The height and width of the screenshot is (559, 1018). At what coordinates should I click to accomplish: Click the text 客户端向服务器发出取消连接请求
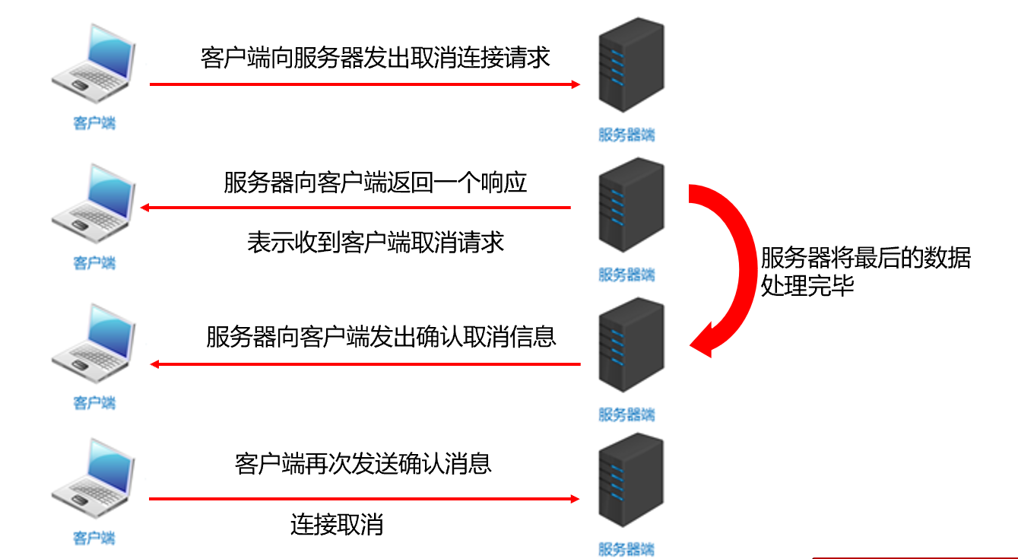(375, 58)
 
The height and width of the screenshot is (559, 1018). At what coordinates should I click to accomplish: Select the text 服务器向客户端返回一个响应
(375, 183)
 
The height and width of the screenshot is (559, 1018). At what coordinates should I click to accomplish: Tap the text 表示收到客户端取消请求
(375, 242)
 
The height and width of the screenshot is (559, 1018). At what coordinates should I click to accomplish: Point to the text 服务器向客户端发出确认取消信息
(381, 336)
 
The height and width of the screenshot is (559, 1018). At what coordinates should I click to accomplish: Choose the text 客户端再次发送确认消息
(363, 463)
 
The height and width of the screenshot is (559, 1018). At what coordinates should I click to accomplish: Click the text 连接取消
(336, 525)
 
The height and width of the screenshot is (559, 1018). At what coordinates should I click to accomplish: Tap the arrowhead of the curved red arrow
(703, 342)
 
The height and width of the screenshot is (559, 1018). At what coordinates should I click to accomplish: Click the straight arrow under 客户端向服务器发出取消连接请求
(365, 84)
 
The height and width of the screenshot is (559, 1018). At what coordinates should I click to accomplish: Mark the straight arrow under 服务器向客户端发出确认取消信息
(365, 364)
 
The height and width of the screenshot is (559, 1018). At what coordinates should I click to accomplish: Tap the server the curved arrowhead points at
(630, 346)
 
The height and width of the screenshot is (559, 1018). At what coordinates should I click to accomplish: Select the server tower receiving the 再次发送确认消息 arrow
(630, 481)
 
